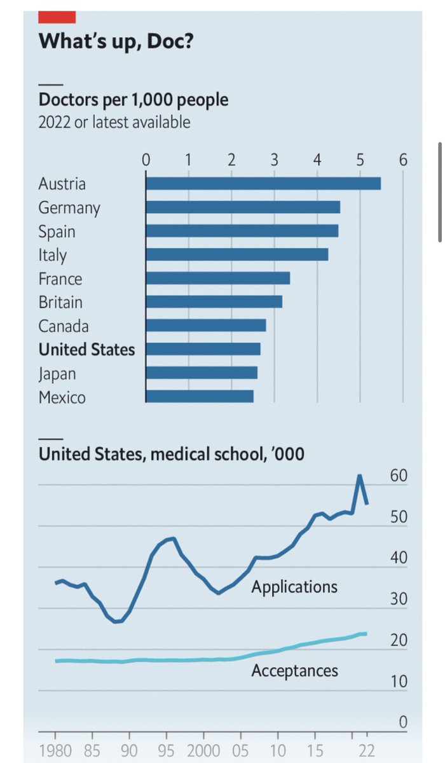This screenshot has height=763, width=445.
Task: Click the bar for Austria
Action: (x=263, y=183)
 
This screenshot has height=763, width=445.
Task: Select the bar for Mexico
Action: (x=200, y=397)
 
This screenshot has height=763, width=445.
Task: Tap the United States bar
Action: (x=203, y=349)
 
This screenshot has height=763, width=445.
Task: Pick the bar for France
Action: (x=218, y=278)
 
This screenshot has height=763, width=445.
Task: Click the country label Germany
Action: (x=69, y=208)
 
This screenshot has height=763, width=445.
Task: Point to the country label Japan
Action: (x=57, y=373)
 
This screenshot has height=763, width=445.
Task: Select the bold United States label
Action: (x=86, y=350)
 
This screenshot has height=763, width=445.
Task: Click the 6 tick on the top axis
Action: (x=402, y=160)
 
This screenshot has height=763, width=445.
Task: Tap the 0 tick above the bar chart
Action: (x=146, y=160)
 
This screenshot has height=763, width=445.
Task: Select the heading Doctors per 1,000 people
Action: (x=133, y=100)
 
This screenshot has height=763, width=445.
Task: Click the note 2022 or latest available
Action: (x=114, y=121)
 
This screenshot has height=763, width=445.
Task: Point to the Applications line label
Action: (x=294, y=586)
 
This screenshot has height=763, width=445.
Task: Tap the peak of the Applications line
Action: (x=359, y=476)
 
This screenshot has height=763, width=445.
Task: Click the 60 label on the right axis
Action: (x=398, y=477)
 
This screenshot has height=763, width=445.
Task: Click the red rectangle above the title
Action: (x=57, y=17)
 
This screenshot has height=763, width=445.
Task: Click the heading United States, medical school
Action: (x=171, y=455)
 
